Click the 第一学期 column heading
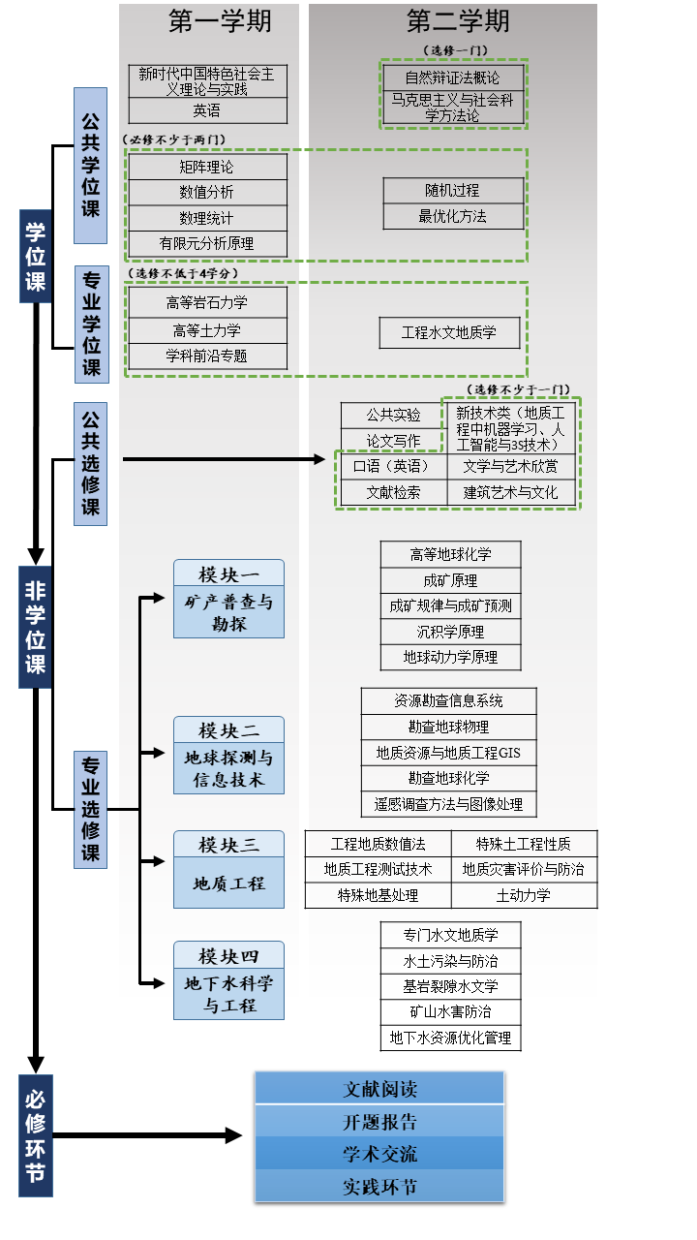(x=220, y=21)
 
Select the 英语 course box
(x=207, y=110)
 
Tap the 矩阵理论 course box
(x=207, y=167)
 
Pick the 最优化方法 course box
(x=453, y=216)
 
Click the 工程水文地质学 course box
(x=449, y=332)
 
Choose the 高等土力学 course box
(x=207, y=330)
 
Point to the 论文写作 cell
(x=393, y=441)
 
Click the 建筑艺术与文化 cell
(x=511, y=492)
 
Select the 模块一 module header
(x=229, y=573)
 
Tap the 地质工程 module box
(x=229, y=883)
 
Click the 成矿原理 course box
(x=450, y=580)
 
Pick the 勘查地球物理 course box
(x=448, y=727)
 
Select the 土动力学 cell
(x=524, y=895)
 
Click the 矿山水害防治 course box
(x=450, y=1012)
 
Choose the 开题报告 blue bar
(x=379, y=1122)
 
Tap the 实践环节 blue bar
(x=379, y=1186)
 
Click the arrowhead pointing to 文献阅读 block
(x=233, y=1134)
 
